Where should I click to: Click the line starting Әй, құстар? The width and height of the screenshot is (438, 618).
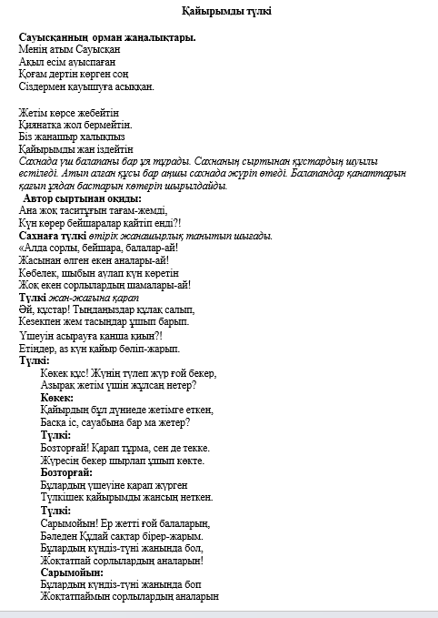(104, 309)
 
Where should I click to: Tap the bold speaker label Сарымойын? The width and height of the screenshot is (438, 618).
(72, 572)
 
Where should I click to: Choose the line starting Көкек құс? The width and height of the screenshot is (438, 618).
(132, 373)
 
